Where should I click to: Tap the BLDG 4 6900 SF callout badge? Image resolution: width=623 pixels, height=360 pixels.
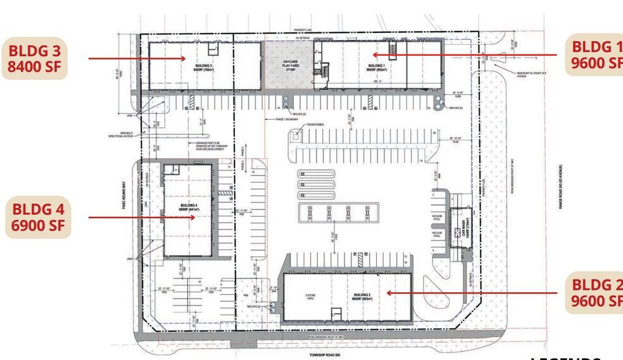click(x=37, y=218)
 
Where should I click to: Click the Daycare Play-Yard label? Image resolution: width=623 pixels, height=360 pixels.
click(x=290, y=65)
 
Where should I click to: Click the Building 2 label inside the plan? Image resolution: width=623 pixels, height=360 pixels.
click(x=362, y=295)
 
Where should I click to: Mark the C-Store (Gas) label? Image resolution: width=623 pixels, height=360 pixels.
click(x=311, y=296)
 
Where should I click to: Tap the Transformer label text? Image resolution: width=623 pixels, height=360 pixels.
click(x=315, y=125)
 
